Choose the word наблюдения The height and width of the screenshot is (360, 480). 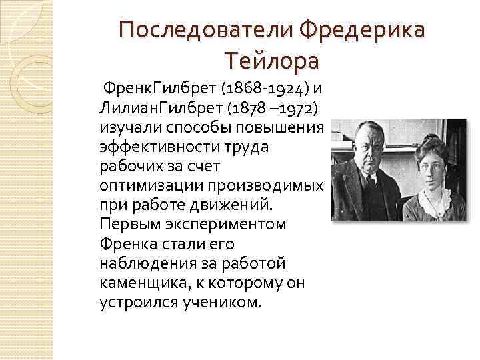142,263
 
